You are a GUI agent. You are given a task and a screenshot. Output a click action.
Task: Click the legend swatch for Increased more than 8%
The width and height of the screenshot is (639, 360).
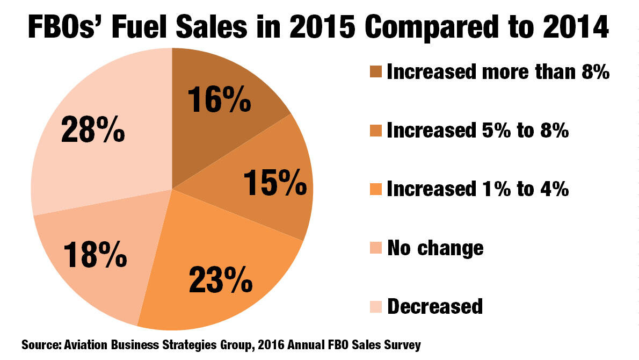[376, 73]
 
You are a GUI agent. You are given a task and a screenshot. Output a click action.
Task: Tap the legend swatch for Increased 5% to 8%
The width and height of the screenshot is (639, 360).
[376, 131]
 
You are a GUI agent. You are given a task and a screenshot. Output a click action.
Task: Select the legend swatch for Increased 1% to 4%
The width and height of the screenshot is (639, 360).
[376, 190]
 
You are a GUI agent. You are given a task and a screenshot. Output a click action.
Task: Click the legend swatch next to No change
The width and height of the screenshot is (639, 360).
[376, 248]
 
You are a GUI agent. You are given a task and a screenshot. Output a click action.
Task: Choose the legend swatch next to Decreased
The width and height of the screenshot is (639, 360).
[376, 306]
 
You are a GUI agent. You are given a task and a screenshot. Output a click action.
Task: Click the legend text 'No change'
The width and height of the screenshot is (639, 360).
[435, 248]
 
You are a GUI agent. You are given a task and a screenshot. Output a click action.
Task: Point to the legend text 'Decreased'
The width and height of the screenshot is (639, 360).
[435, 306]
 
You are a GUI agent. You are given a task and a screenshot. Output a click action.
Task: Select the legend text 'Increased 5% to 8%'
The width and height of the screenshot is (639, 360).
[477, 131]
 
